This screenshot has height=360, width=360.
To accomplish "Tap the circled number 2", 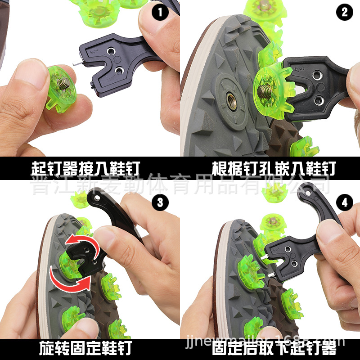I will [344, 12].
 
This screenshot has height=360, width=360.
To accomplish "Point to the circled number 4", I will [344, 202].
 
